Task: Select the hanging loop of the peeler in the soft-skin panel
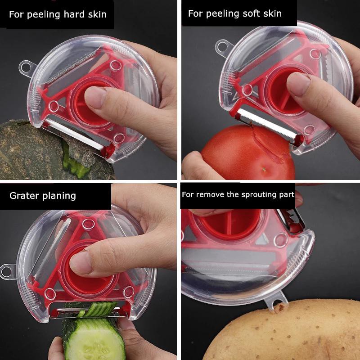[x=222, y=45]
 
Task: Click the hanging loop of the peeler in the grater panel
[x=6, y=271]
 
